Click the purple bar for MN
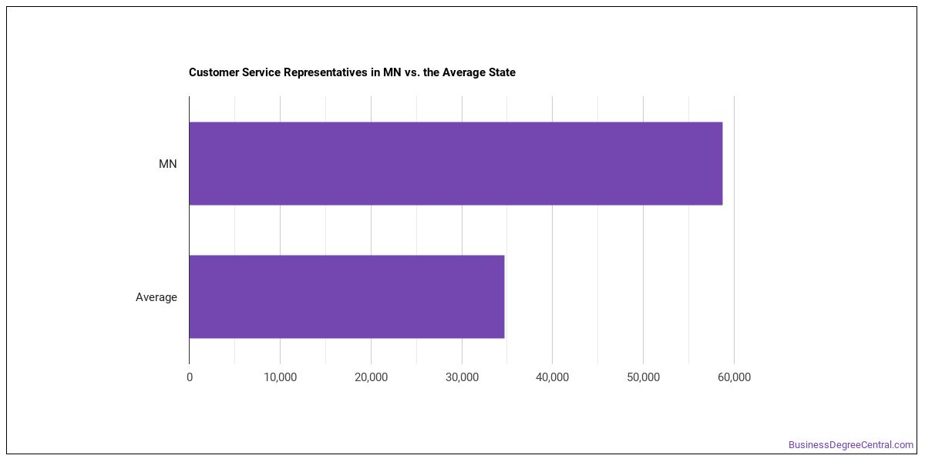(x=456, y=163)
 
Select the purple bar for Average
(x=347, y=296)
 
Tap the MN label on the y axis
(x=168, y=164)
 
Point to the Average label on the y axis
(x=156, y=297)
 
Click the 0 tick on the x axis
(x=190, y=377)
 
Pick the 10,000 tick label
(x=281, y=377)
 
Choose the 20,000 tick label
(x=372, y=377)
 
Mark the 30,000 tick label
(x=462, y=377)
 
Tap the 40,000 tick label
(x=553, y=377)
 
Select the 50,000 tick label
(x=644, y=377)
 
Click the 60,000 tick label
(x=734, y=377)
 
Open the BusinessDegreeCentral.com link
(x=851, y=445)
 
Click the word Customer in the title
(x=214, y=72)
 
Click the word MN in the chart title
(x=392, y=72)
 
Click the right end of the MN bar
(x=723, y=163)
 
